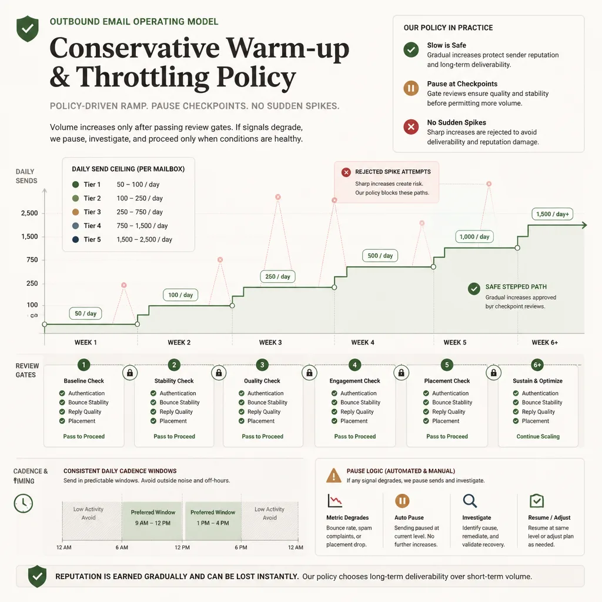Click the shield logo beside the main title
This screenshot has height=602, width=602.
coord(28,28)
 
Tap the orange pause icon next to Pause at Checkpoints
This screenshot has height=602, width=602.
coord(411,88)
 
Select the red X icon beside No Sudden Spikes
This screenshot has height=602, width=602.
coord(411,127)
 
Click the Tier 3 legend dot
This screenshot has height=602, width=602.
coord(76,212)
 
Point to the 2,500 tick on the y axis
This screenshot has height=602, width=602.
coord(29,213)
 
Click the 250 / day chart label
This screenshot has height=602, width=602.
coord(277,276)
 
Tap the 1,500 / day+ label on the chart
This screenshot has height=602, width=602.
coord(553,214)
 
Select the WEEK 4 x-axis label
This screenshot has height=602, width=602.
coord(362,343)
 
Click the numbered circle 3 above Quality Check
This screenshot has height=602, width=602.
coord(262,364)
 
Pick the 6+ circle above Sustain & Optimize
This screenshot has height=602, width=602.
coord(537,364)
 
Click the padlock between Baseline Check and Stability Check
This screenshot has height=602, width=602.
coord(130,372)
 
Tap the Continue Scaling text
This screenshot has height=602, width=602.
coord(538,437)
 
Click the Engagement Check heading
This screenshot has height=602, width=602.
coord(354,381)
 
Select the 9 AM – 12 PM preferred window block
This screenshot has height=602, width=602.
coord(152,521)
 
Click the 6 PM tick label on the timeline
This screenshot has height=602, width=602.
coord(240,547)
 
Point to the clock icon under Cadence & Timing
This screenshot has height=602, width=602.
coord(24,503)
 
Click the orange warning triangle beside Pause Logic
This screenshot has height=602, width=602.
coord(334,475)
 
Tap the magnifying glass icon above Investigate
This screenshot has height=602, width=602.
coord(470,501)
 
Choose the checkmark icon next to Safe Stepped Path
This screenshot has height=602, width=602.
coord(474,289)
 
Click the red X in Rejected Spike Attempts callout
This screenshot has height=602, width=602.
coord(346,172)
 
